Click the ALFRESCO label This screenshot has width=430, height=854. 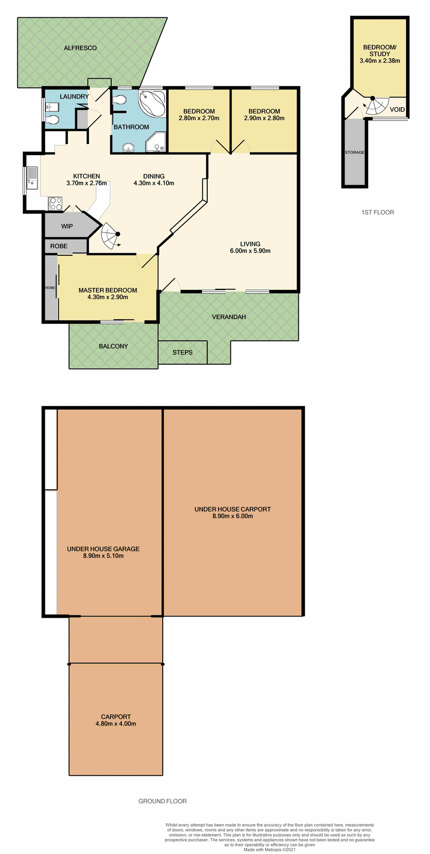(80, 48)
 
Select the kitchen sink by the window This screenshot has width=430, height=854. (32, 177)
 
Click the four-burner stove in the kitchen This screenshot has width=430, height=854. (56, 204)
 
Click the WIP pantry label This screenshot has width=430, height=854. (67, 226)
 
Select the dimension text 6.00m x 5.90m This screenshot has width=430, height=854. (250, 251)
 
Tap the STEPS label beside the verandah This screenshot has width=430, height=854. (182, 352)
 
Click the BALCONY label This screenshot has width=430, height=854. (113, 346)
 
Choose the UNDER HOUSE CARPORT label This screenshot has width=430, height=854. (233, 509)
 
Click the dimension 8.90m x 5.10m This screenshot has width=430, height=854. (103, 556)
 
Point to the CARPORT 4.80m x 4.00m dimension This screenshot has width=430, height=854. (116, 724)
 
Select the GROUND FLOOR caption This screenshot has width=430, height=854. (162, 801)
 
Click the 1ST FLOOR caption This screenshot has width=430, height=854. (378, 212)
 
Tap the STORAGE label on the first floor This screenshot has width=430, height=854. (354, 152)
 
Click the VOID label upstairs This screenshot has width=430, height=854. (397, 109)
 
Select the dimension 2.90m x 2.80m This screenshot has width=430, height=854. (264, 118)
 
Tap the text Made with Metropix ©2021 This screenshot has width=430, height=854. (269, 850)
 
